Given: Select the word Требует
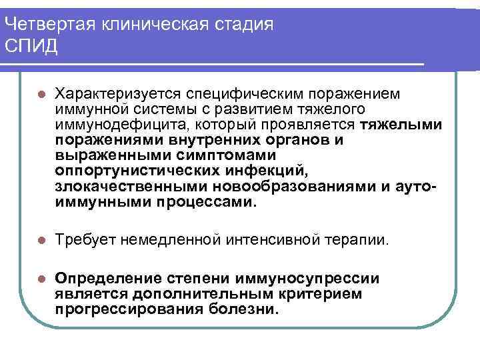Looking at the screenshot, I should (x=83, y=239).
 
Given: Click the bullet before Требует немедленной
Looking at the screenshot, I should (x=41, y=240).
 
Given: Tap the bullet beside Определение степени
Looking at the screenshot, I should (x=41, y=279).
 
